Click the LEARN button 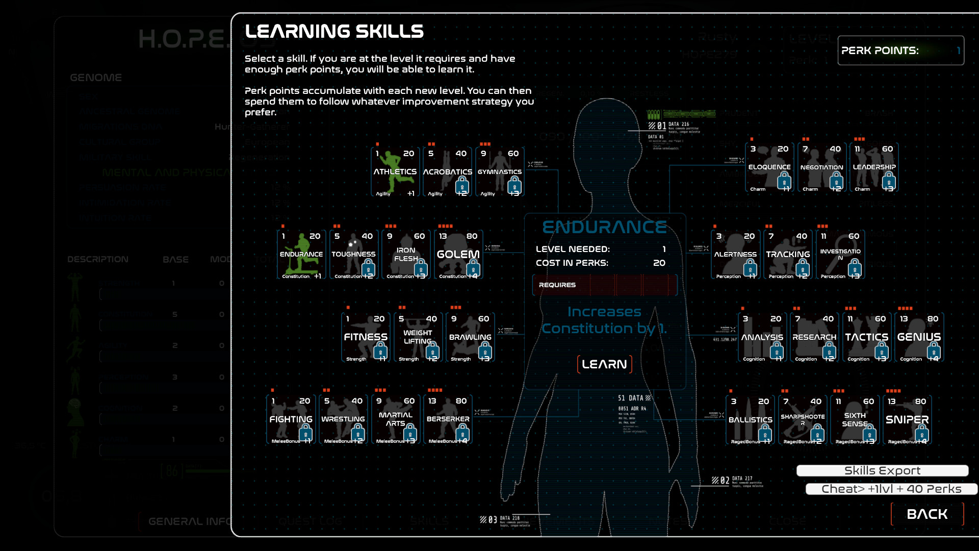pos(604,364)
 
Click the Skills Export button pos(882,470)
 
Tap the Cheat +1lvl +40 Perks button pos(891,489)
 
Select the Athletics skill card pos(395,172)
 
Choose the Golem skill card pos(458,254)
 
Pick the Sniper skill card pos(907,419)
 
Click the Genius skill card pos(919,337)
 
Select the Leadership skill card pos(874,167)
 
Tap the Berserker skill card pos(448,419)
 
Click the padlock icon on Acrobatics pos(462,185)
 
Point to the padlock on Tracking pos(803,267)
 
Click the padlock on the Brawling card pos(485,350)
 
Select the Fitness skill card pos(366,337)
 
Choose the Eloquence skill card pos(769,167)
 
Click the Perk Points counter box pos(900,51)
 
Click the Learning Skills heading pos(334,32)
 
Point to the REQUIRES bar pos(605,285)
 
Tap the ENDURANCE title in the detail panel pos(604,227)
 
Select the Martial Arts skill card pos(396,419)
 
